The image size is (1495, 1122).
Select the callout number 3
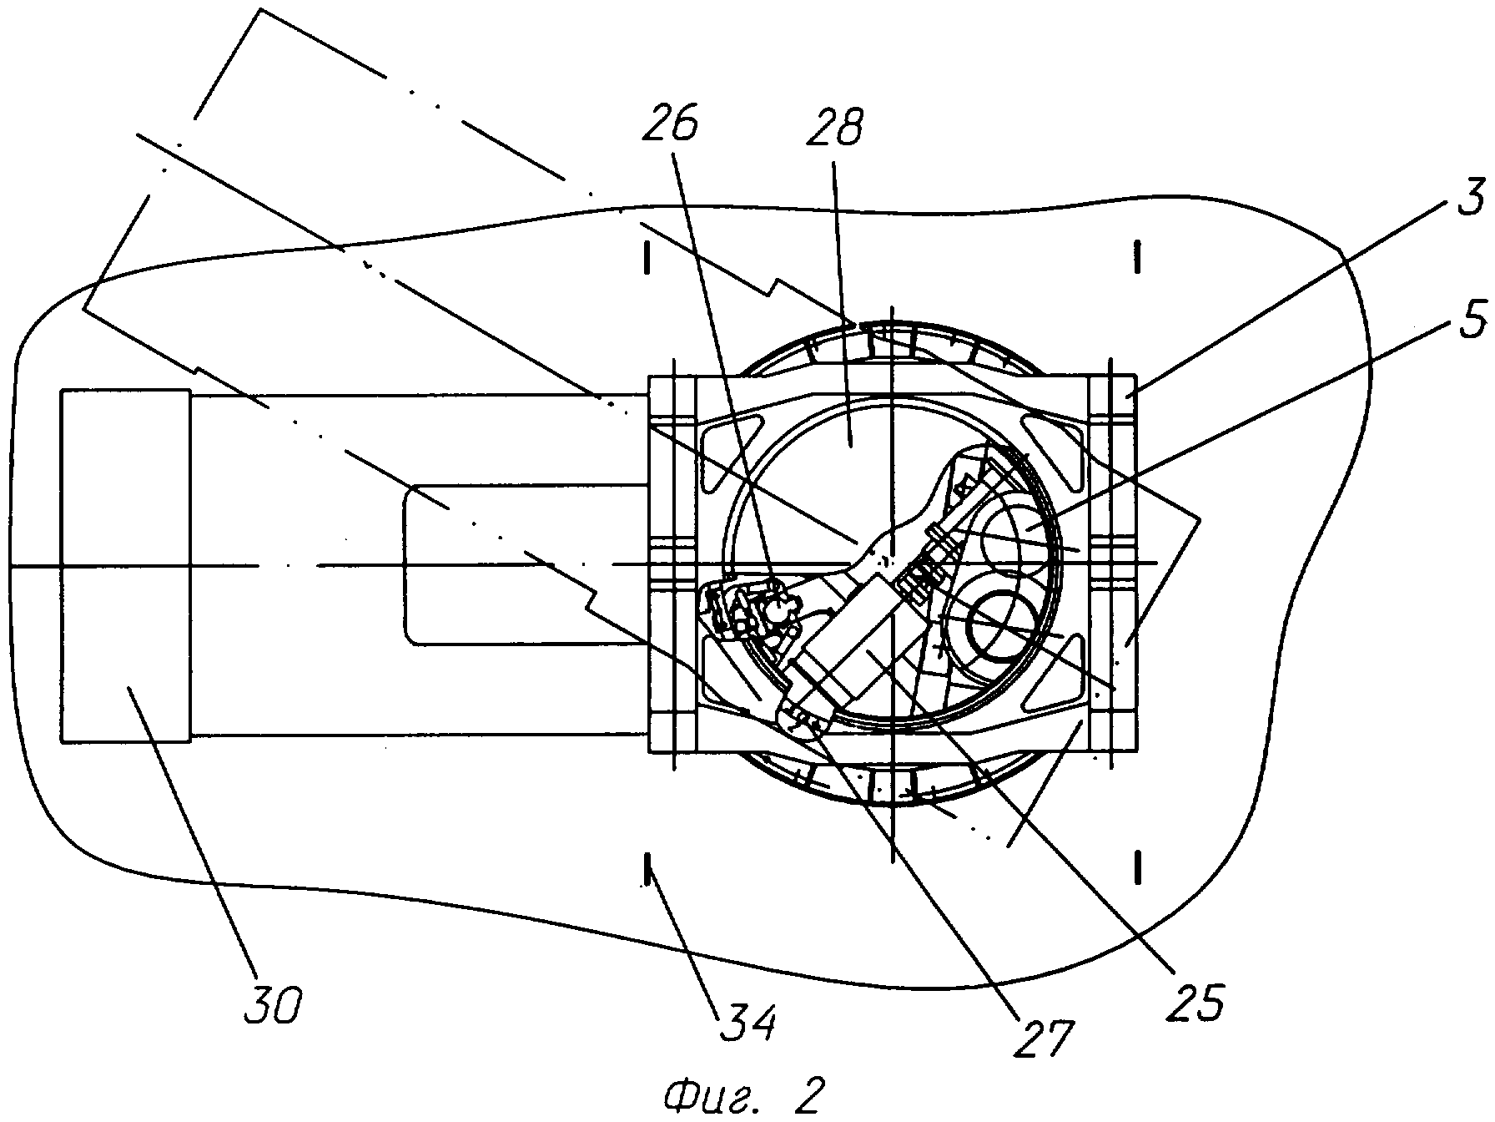point(1472,200)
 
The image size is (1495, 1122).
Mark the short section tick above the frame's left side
point(647,259)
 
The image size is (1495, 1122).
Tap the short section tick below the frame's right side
point(1137,867)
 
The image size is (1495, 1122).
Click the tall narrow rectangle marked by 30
point(126,565)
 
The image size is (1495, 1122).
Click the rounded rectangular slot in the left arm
point(526,565)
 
